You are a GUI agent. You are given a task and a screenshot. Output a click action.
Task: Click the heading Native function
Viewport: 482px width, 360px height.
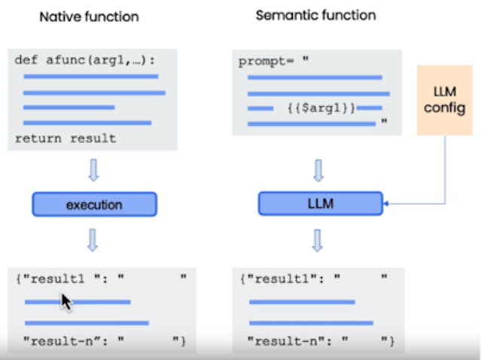89,17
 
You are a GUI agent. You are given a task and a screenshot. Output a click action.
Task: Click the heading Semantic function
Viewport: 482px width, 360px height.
316,15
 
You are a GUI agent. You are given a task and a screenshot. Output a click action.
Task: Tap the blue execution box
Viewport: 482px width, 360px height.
94,204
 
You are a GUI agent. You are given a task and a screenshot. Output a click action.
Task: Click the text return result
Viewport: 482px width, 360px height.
66,139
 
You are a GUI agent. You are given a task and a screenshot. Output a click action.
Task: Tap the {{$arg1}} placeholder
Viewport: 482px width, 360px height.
322,108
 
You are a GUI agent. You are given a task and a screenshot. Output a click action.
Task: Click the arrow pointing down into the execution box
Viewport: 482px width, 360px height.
94,170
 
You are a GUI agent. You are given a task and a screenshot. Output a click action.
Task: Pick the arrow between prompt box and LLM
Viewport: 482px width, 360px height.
319,170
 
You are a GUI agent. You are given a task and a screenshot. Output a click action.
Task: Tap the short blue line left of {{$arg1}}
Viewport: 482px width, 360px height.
261,108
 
